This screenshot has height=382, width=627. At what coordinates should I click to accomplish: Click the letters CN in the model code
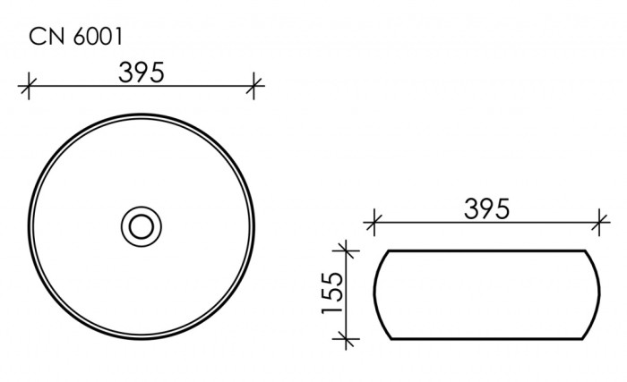click(45, 37)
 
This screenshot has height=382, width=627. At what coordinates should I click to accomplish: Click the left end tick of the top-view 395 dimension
click(29, 87)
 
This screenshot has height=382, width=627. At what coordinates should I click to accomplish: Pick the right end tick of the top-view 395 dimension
click(256, 87)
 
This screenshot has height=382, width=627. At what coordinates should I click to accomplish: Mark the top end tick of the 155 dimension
click(344, 250)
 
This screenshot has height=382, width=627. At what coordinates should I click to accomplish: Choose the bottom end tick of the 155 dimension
click(344, 338)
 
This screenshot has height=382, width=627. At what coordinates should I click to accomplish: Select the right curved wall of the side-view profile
click(599, 294)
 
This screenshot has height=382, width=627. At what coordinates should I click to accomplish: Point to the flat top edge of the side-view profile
click(487, 250)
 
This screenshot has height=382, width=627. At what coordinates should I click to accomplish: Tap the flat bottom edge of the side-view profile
click(487, 339)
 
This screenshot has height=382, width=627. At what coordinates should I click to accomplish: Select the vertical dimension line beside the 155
click(344, 268)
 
